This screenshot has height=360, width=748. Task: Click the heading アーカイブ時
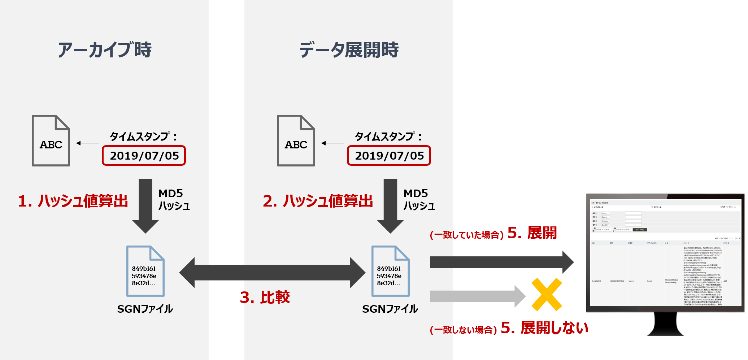click(x=105, y=50)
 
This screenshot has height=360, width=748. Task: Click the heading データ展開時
click(x=349, y=50)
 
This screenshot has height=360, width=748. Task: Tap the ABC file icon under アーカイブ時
click(x=51, y=141)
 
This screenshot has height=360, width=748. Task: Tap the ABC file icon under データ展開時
click(x=296, y=141)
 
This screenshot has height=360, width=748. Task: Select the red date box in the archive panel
click(x=144, y=156)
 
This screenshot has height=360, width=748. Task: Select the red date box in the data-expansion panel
click(x=389, y=156)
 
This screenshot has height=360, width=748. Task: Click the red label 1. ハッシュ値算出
click(x=73, y=201)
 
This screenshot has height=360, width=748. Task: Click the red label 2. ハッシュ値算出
click(x=318, y=201)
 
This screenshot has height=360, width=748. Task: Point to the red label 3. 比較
click(x=265, y=297)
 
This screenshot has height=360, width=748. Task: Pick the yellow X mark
click(x=547, y=294)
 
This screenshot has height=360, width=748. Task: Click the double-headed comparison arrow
click(x=272, y=273)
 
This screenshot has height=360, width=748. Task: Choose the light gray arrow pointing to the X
click(x=477, y=296)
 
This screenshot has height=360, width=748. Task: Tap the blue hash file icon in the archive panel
click(x=145, y=271)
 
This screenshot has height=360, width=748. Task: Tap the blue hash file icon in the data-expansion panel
click(x=391, y=271)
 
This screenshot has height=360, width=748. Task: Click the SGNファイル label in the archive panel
click(x=145, y=309)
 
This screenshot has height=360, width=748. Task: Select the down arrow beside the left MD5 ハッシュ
click(x=145, y=206)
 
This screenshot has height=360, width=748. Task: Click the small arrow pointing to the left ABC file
click(x=88, y=143)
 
